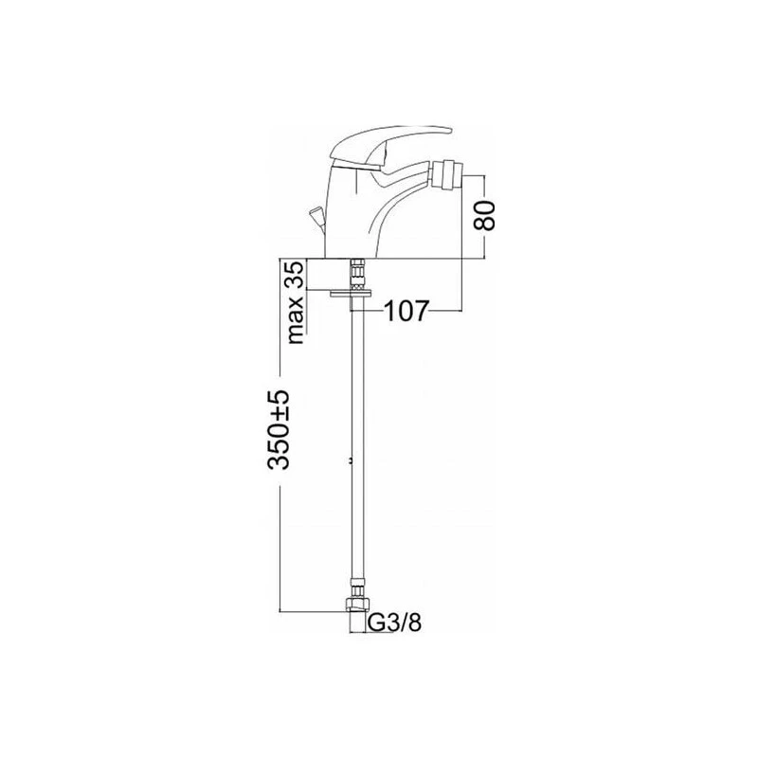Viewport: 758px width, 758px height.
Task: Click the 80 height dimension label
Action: tap(485, 215)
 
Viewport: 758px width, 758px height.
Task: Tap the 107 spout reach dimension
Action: tap(406, 311)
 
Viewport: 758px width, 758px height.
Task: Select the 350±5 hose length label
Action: tap(279, 429)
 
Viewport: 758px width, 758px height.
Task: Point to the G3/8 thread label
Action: tap(395, 623)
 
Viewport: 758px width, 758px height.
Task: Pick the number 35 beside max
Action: tap(295, 274)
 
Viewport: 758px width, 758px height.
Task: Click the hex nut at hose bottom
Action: tap(357, 605)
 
